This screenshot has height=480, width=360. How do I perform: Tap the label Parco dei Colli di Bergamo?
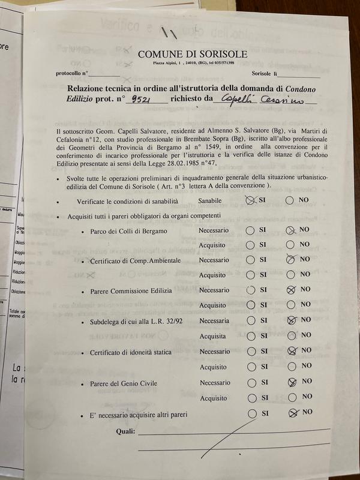[128, 231]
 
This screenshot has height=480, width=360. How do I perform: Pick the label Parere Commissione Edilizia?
[131, 291]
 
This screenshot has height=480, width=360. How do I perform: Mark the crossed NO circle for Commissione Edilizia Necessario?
[291, 290]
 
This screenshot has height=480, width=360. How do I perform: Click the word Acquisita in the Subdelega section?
[214, 337]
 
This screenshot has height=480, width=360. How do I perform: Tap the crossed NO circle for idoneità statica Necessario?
[292, 351]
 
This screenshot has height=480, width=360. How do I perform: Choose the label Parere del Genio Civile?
[125, 383]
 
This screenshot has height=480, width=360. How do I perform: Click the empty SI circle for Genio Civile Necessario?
[251, 382]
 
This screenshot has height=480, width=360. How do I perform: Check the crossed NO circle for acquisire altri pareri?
[292, 412]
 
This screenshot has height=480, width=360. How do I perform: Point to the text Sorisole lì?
[264, 74]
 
